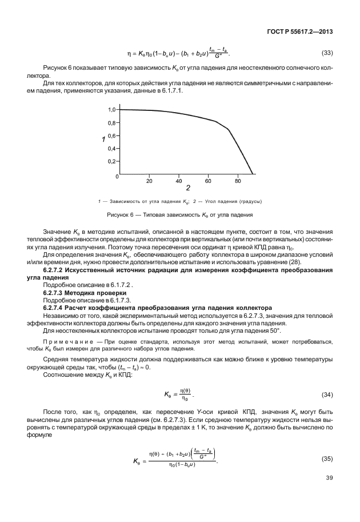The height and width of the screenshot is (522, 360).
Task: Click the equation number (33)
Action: pyautogui.click(x=327, y=53)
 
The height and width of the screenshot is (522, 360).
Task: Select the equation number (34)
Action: pyautogui.click(x=327, y=394)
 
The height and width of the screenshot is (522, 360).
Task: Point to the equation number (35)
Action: pyautogui.click(x=327, y=459)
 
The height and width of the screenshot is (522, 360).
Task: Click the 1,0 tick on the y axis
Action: pyautogui.click(x=112, y=109)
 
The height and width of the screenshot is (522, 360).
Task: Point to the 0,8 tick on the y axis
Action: pyautogui.click(x=112, y=123)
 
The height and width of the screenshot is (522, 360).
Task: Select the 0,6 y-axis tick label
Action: pyautogui.click(x=112, y=136)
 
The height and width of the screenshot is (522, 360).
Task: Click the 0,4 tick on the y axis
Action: pyautogui.click(x=112, y=149)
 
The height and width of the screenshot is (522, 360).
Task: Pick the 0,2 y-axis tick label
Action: pyautogui.click(x=112, y=162)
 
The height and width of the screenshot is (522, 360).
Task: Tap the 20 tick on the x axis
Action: pyautogui.click(x=149, y=180)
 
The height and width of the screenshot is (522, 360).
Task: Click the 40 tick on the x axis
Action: pyautogui.click(x=178, y=180)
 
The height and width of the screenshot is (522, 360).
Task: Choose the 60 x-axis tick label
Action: pyautogui.click(x=208, y=180)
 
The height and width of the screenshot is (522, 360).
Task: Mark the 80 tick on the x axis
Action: pyautogui.click(x=238, y=180)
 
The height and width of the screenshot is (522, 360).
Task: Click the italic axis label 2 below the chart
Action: pyautogui.click(x=187, y=188)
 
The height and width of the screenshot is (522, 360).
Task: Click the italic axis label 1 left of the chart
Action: pyautogui.click(x=103, y=140)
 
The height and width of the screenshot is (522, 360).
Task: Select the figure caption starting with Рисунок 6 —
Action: pyautogui.click(x=180, y=215)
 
